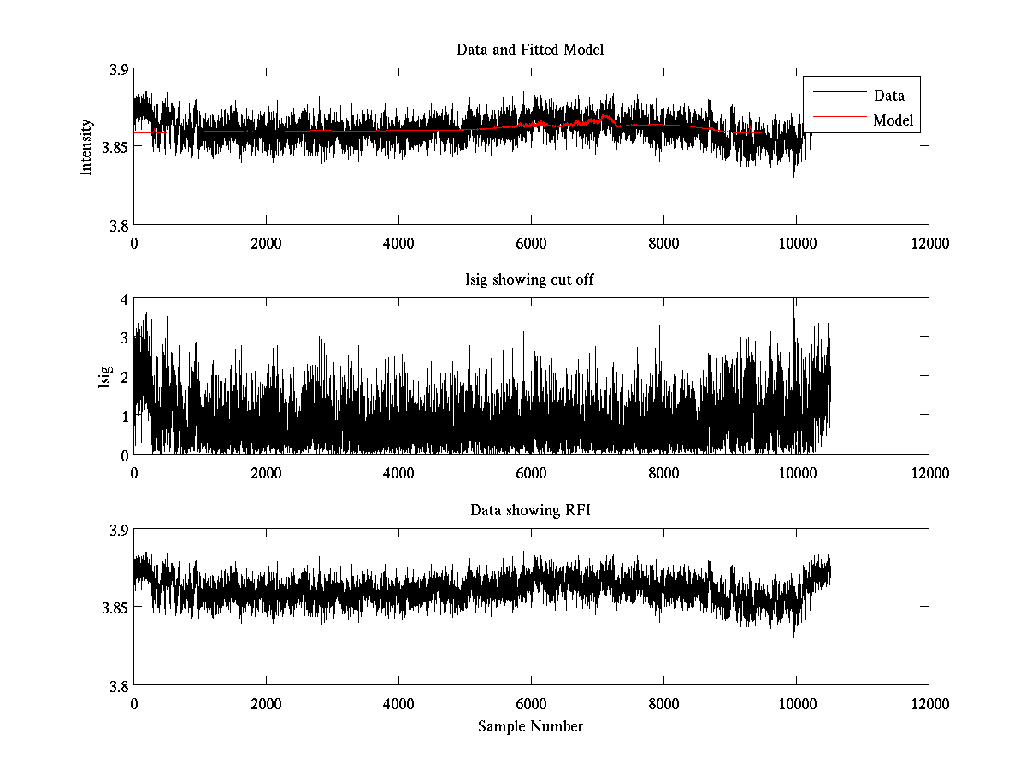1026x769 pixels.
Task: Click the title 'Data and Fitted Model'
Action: pos(530,50)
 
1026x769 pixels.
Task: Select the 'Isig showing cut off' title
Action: pos(530,280)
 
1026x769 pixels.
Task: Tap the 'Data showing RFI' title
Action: pos(530,511)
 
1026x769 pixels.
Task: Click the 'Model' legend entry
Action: pos(893,120)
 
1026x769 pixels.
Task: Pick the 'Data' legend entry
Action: pos(888,95)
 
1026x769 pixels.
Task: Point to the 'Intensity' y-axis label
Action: pos(85,147)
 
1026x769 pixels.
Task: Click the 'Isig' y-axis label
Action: pos(105,377)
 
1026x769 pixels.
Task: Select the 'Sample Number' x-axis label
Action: pos(530,726)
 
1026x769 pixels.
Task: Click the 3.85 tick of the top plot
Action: pos(115,147)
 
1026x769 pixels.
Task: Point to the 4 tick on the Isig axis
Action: pos(124,300)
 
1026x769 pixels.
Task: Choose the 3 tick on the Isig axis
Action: pos(124,338)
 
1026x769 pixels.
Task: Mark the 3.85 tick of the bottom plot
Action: pos(115,608)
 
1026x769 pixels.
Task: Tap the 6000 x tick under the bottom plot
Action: pos(531,704)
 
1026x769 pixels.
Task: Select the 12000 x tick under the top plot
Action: pos(929,244)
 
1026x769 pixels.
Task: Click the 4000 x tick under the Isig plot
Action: pos(398,473)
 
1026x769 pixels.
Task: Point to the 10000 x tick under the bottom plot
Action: pos(796,704)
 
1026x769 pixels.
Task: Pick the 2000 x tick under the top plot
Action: pos(266,244)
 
